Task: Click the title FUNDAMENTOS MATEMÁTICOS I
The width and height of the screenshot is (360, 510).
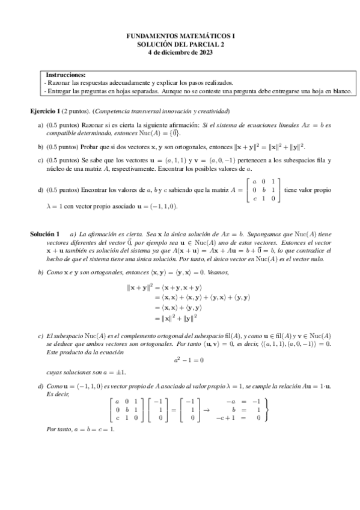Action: pos(180,36)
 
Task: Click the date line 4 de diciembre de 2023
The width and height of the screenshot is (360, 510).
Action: pos(180,52)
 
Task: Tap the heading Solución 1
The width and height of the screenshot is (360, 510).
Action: pos(45,233)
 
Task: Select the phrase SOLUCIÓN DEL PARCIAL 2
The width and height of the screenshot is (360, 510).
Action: pos(180,44)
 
